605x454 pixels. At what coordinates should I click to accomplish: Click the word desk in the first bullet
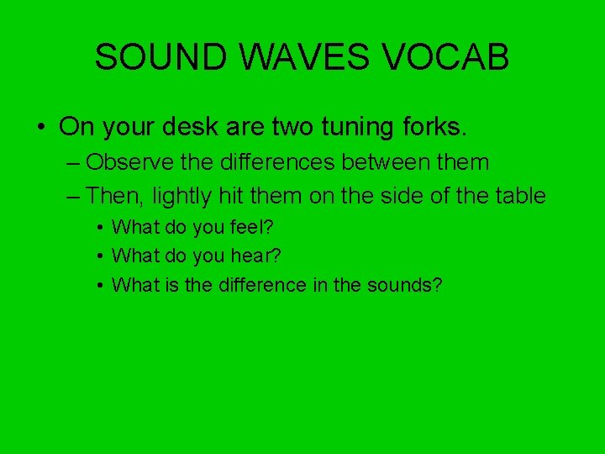coord(190,127)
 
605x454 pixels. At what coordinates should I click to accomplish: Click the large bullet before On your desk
coord(41,128)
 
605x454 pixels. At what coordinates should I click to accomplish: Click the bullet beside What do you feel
coord(100,228)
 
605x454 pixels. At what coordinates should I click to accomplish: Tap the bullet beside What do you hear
coord(100,256)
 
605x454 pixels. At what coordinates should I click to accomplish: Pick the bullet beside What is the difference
coord(100,286)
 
